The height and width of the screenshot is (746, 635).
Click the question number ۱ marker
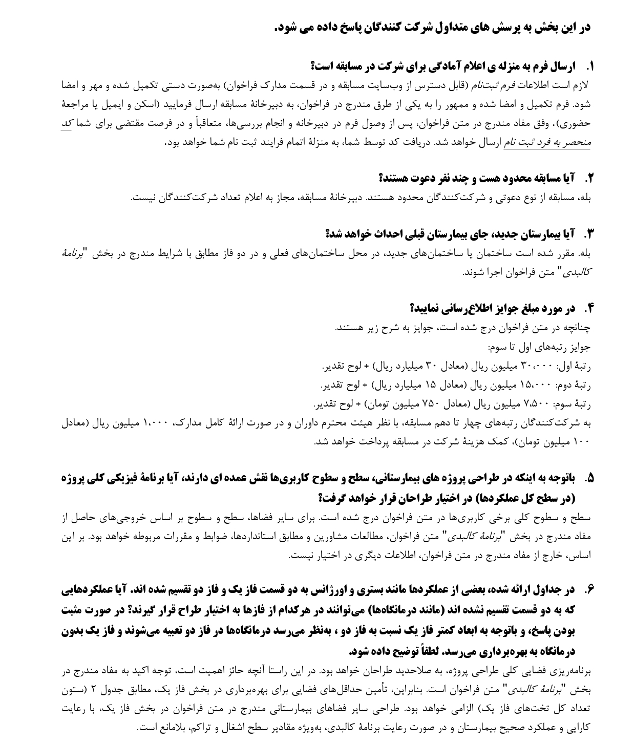589,66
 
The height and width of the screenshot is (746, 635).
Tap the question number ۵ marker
589,478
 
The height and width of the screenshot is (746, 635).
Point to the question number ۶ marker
589,590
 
